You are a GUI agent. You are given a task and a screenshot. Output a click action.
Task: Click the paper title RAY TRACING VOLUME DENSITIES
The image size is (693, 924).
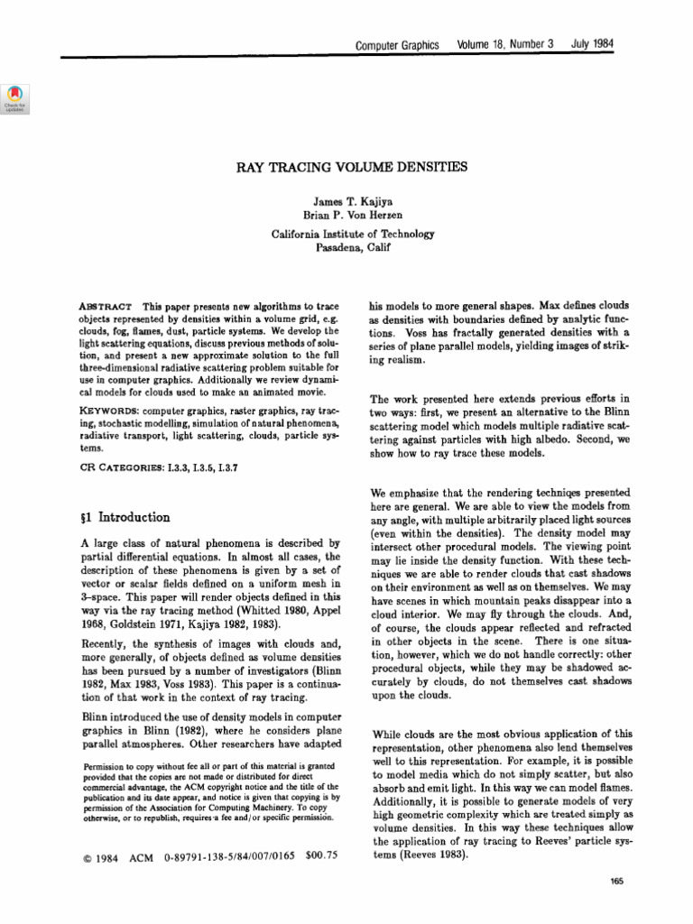(353, 168)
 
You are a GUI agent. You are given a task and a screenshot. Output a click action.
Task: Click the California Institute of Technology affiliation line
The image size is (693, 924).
(353, 234)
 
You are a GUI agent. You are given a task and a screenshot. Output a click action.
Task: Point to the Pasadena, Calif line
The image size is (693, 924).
(353, 247)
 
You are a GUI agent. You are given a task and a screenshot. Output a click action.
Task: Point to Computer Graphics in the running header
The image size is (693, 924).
(397, 44)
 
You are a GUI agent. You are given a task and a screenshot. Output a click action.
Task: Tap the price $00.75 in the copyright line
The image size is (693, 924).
(321, 856)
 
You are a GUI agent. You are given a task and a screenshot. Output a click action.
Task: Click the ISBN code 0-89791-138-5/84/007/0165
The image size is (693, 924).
(226, 857)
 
